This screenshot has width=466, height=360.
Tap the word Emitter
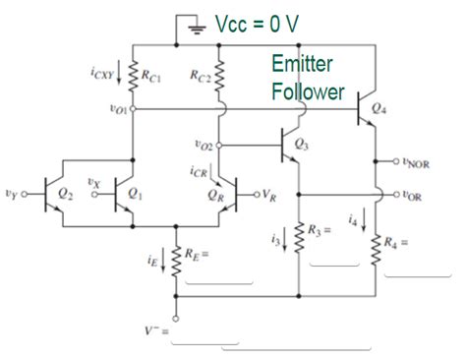(x=303, y=65)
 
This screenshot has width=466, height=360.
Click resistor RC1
(x=133, y=74)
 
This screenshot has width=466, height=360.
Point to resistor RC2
(x=220, y=74)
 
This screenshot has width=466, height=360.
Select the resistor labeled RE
(x=176, y=259)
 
